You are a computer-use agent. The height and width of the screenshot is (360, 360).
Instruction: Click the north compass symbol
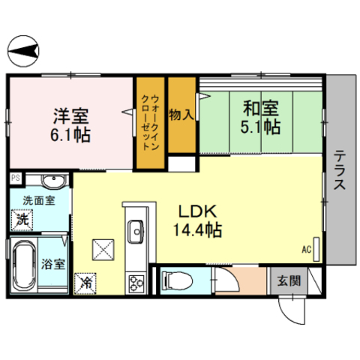tap(23, 51)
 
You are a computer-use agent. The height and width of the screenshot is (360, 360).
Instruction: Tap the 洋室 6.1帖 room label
tap(70, 125)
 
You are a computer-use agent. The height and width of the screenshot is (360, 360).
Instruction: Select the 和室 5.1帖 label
tap(260, 117)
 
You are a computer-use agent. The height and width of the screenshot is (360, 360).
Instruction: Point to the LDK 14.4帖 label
tap(197, 220)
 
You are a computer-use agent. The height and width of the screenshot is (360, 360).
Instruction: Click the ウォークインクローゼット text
tap(150, 122)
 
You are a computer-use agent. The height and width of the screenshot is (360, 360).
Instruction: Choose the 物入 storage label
tap(181, 115)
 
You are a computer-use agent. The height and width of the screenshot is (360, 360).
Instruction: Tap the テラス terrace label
tap(340, 169)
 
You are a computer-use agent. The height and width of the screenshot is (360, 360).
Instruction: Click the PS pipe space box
tap(16, 178)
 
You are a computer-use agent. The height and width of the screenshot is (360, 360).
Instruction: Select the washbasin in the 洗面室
tap(55, 181)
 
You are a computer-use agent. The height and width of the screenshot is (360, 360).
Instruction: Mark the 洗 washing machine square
tap(22, 220)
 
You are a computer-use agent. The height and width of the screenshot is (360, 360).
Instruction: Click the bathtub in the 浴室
tap(24, 265)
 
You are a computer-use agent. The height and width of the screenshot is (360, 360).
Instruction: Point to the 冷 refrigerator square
tap(85, 283)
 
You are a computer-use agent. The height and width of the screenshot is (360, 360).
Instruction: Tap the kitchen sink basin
tap(136, 232)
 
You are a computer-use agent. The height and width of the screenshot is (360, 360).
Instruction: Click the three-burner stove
tap(136, 283)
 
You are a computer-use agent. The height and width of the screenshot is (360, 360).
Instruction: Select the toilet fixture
tap(177, 280)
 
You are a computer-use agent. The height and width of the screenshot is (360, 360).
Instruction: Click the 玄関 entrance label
tap(289, 281)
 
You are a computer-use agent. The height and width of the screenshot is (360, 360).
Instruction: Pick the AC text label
tap(307, 249)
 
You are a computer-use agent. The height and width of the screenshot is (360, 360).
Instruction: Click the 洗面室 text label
tap(39, 200)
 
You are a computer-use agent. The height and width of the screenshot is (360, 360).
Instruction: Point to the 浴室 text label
tap(53, 264)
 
